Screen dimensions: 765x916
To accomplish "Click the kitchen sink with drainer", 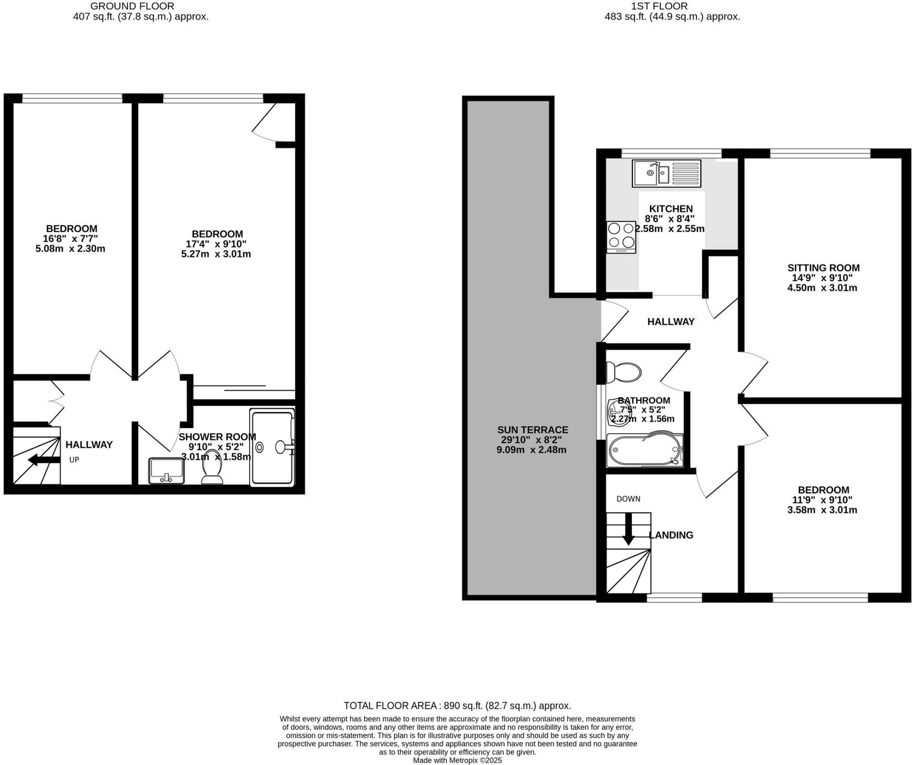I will (x=666, y=173).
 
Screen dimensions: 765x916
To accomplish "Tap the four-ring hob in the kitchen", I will (x=621, y=237).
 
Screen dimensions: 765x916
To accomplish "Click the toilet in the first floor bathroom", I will (x=623, y=372).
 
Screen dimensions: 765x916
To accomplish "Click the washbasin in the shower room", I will (x=166, y=470).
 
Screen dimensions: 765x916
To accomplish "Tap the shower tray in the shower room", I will (x=272, y=448).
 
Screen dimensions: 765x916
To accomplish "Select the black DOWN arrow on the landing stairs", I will (x=628, y=529).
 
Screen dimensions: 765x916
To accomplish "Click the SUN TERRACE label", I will (x=533, y=430).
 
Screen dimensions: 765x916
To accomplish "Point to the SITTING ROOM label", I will (x=823, y=268).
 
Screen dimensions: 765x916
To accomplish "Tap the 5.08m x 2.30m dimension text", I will (x=70, y=249).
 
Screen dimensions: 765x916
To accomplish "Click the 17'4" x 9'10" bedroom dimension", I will (x=216, y=244).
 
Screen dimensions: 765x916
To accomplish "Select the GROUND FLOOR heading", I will (x=132, y=6).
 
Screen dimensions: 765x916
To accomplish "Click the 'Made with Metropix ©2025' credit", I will (x=457, y=760).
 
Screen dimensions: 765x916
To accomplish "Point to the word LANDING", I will (x=671, y=535).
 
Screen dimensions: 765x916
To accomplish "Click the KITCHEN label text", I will (x=671, y=208).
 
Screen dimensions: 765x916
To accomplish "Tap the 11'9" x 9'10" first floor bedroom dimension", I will (x=823, y=500).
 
